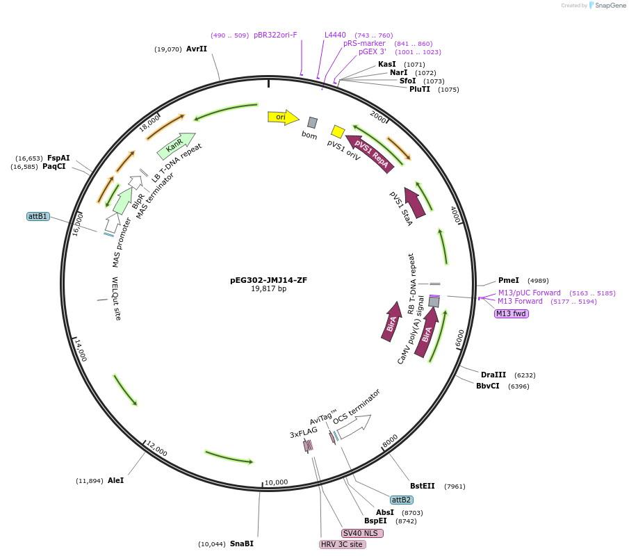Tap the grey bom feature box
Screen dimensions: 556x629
tap(313, 122)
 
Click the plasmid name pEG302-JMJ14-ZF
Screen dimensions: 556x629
tap(268, 280)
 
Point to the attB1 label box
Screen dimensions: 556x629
tap(38, 216)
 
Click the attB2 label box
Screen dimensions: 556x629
tap(402, 500)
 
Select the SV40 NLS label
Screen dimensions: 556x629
tap(361, 533)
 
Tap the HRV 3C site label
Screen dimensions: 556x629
tap(342, 544)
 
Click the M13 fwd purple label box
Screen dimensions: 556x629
tap(512, 313)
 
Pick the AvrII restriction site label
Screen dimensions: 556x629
tap(197, 49)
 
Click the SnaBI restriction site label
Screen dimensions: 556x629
tap(241, 543)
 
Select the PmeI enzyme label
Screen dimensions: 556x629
tap(509, 280)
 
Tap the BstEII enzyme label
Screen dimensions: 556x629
tap(423, 486)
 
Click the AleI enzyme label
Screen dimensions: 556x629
tap(115, 480)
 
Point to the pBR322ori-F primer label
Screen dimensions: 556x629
tap(275, 35)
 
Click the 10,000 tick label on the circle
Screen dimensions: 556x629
tap(276, 482)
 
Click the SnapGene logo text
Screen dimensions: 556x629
tap(607, 6)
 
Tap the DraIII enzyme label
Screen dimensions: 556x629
tap(493, 375)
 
